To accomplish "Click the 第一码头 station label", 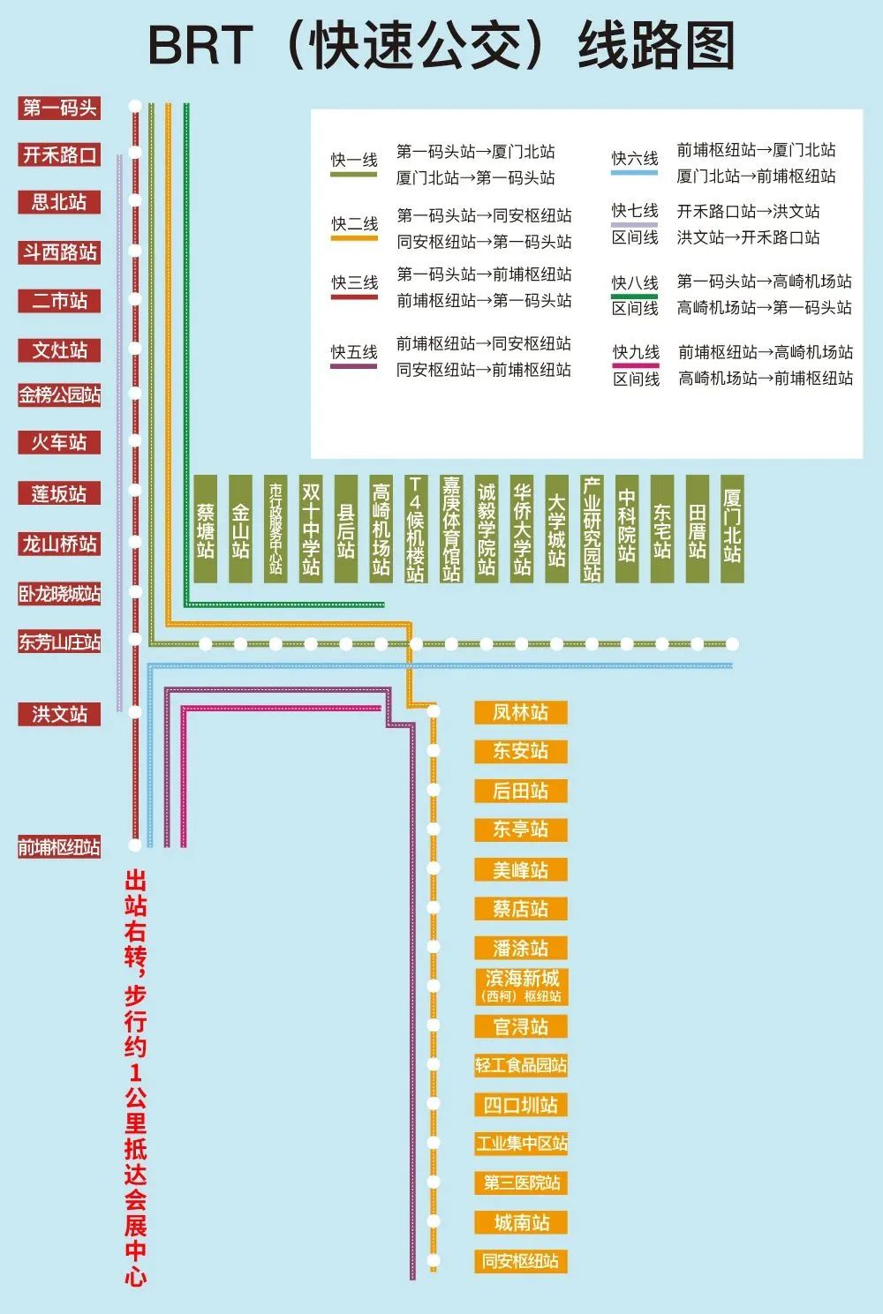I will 59,108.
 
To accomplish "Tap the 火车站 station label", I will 59,442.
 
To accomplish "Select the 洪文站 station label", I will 59,714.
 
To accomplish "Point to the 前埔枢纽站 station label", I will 59,847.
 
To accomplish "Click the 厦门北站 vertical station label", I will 732,529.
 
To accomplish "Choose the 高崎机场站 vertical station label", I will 381,529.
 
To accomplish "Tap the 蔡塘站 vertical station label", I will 205,529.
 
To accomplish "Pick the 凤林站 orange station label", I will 520,712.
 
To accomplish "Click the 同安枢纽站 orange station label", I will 520,1261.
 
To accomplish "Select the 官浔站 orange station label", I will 520,1026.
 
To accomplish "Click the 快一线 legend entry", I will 354,161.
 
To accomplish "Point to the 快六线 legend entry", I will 635,159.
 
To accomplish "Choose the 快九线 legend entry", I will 636,353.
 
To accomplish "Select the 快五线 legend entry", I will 354,353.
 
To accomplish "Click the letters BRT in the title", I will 200,46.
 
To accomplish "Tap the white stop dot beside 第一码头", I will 135,106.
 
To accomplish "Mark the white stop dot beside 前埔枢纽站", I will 135,845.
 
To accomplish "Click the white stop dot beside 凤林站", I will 434,710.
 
